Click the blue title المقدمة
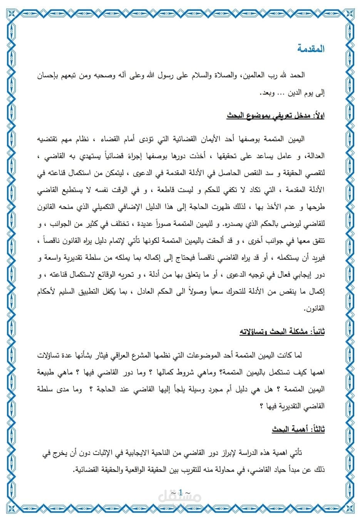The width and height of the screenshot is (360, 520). point(311,49)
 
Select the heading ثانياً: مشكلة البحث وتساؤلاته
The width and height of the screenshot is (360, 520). point(282,331)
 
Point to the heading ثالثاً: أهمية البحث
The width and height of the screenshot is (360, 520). point(298,429)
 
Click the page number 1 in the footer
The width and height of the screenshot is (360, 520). point(180,492)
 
